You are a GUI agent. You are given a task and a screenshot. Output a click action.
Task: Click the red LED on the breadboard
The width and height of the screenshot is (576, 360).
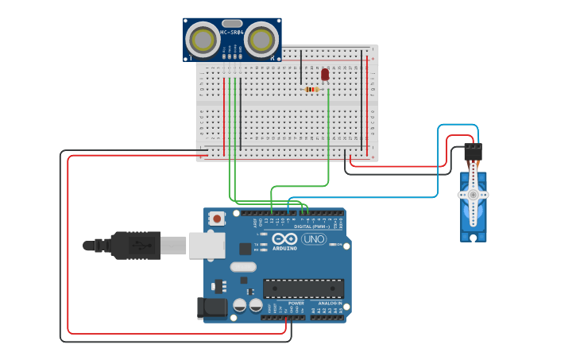point(325,74)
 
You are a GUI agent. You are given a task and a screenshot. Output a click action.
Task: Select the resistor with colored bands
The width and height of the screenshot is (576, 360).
point(311,90)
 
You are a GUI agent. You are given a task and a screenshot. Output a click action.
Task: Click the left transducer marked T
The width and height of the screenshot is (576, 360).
point(203,39)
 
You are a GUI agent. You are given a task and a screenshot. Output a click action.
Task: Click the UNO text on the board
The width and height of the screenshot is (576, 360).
point(313,239)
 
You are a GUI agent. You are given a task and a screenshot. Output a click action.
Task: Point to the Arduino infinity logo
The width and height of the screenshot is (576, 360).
point(284,239)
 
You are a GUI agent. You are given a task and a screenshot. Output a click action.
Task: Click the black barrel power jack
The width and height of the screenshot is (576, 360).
point(207,307)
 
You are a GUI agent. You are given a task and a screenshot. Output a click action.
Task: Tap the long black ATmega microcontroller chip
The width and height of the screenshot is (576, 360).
point(303,288)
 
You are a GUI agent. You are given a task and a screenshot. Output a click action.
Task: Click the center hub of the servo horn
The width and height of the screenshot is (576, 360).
point(473,195)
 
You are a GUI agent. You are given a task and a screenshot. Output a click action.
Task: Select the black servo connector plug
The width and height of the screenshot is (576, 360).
point(473,151)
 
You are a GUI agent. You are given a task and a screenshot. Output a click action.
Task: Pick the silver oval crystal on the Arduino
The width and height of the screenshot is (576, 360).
point(243,267)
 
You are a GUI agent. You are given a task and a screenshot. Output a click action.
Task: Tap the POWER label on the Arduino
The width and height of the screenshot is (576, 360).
point(296,303)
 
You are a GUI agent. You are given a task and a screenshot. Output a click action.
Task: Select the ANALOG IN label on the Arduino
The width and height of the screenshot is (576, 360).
point(330,303)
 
